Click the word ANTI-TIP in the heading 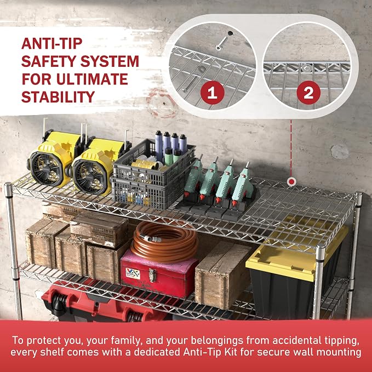(51, 43)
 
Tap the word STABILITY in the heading (58, 96)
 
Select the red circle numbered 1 (213, 93)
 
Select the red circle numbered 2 (308, 93)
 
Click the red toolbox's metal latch (152, 275)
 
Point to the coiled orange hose (165, 241)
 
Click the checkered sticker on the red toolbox (133, 273)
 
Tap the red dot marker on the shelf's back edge (291, 182)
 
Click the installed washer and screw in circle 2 (306, 68)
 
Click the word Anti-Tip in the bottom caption (210, 352)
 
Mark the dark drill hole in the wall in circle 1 (230, 33)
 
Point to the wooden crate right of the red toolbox (222, 275)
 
